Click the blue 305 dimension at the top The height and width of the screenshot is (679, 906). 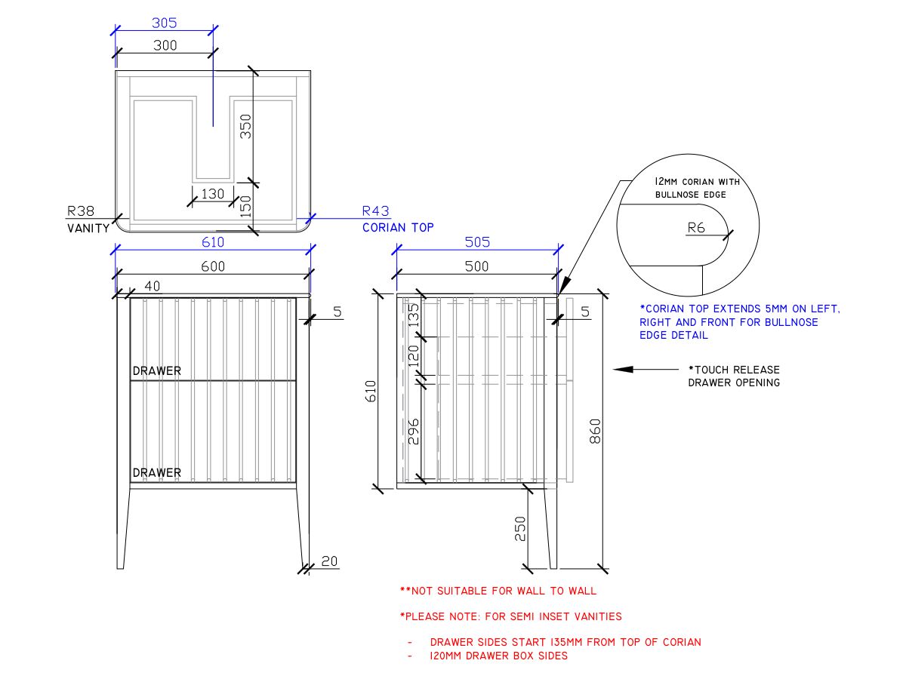tap(164, 23)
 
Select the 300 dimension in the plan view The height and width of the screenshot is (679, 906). tap(164, 45)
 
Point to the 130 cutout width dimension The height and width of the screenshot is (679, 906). tap(213, 194)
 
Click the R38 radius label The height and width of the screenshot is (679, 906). tap(81, 212)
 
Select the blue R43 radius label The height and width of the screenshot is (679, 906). tap(375, 212)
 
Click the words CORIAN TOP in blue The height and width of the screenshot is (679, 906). tap(398, 227)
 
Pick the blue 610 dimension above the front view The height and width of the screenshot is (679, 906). tap(212, 242)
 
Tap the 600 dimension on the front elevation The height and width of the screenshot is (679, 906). tap(212, 266)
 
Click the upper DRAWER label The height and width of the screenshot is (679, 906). tap(157, 371)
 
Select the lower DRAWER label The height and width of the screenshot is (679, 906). tap(157, 473)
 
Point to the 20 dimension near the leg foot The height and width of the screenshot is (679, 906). tap(330, 561)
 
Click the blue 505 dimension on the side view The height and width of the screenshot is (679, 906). tap(476, 242)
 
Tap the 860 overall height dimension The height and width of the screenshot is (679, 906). tap(595, 430)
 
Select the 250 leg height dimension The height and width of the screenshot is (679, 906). tap(519, 529)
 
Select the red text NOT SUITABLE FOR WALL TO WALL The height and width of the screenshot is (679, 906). tap(498, 591)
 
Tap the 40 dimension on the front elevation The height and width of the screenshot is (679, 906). tap(153, 286)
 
